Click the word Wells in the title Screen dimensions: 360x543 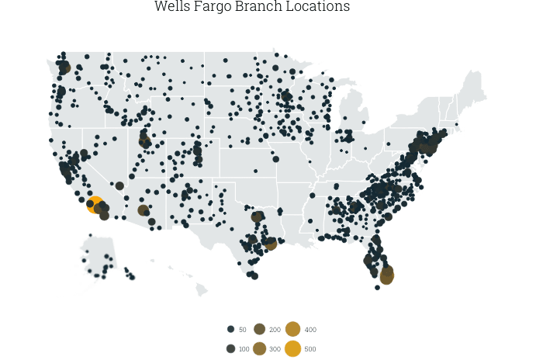click(x=171, y=7)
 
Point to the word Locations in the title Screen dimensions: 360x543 click(x=319, y=7)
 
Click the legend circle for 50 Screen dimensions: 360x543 click(x=230, y=330)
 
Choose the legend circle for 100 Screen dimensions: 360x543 click(x=230, y=348)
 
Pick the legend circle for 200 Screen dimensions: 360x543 click(x=259, y=330)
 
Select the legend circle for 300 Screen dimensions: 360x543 click(x=259, y=348)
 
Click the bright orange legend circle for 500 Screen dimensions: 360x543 click(x=292, y=348)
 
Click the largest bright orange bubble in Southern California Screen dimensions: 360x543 click(x=94, y=205)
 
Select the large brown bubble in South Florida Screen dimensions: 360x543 click(x=386, y=276)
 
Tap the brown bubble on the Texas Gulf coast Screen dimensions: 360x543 click(x=270, y=244)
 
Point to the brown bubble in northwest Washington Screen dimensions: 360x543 click(x=64, y=67)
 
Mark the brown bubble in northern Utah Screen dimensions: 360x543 click(x=144, y=141)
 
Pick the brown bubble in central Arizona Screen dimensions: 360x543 click(x=143, y=210)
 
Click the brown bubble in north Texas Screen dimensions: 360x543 click(x=257, y=216)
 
